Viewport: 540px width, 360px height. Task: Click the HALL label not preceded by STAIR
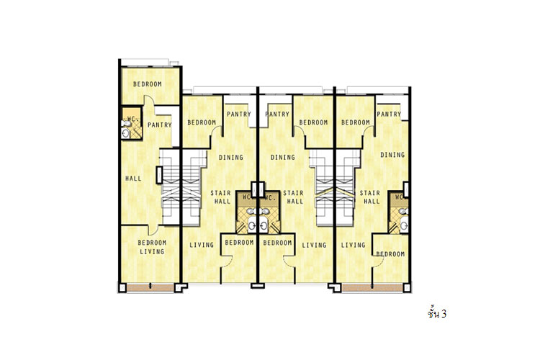[133, 179]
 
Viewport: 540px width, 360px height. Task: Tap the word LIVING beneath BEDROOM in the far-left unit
[152, 251]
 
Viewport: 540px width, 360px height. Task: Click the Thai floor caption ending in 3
[437, 313]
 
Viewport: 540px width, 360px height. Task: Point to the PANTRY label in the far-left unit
[159, 125]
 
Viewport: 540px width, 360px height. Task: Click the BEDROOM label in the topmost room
[148, 84]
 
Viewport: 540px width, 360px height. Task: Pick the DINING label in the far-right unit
[392, 155]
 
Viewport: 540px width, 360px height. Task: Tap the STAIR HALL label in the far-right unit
[370, 197]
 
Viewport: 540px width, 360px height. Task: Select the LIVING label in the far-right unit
[353, 245]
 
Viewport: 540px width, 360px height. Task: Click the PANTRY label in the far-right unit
[389, 114]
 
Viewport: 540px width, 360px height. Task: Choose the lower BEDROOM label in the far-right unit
[390, 254]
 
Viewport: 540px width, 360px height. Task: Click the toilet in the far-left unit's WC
[126, 123]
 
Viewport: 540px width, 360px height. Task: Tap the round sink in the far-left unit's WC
[126, 133]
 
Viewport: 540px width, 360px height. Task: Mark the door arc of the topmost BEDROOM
[148, 99]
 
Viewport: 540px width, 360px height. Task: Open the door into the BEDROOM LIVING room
[153, 230]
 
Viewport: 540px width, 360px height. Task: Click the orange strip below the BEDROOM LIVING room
[150, 288]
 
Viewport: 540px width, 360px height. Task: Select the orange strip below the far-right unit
[372, 288]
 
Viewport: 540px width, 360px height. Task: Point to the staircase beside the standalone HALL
[171, 187]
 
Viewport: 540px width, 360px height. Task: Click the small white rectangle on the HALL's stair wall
[159, 175]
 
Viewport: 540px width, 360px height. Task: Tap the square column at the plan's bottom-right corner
[407, 288]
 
